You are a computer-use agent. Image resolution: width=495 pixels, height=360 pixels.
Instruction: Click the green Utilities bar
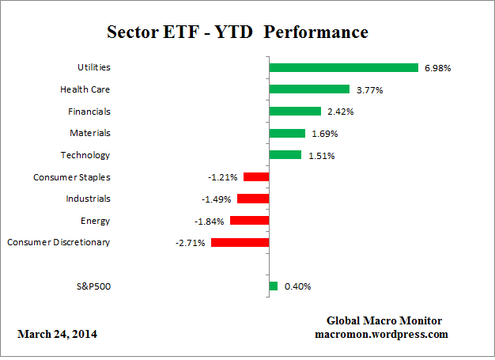click(343, 68)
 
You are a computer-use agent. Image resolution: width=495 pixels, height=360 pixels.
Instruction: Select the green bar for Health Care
click(309, 89)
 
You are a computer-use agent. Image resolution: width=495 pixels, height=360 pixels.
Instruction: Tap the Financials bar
click(295, 112)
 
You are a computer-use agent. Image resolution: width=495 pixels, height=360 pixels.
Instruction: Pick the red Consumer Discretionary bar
click(240, 242)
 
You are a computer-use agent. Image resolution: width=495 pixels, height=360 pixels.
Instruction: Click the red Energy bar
click(249, 221)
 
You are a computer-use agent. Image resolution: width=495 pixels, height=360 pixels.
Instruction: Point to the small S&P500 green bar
click(273, 286)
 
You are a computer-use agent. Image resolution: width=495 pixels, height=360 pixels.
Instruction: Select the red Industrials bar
click(253, 199)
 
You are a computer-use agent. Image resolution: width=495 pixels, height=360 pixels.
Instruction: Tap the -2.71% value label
click(191, 242)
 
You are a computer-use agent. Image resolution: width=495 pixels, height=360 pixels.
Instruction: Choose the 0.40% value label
click(297, 286)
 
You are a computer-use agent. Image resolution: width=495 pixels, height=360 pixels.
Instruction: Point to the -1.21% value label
click(224, 177)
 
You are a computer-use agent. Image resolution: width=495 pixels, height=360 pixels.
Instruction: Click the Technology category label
click(85, 155)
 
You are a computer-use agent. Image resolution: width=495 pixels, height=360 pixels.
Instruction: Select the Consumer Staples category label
click(72, 177)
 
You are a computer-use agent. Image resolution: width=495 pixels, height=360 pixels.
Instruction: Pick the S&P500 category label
click(91, 286)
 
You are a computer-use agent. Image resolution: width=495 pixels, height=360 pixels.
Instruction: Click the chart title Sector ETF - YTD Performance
click(237, 33)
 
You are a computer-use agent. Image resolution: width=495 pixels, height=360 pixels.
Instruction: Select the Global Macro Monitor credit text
click(384, 320)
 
